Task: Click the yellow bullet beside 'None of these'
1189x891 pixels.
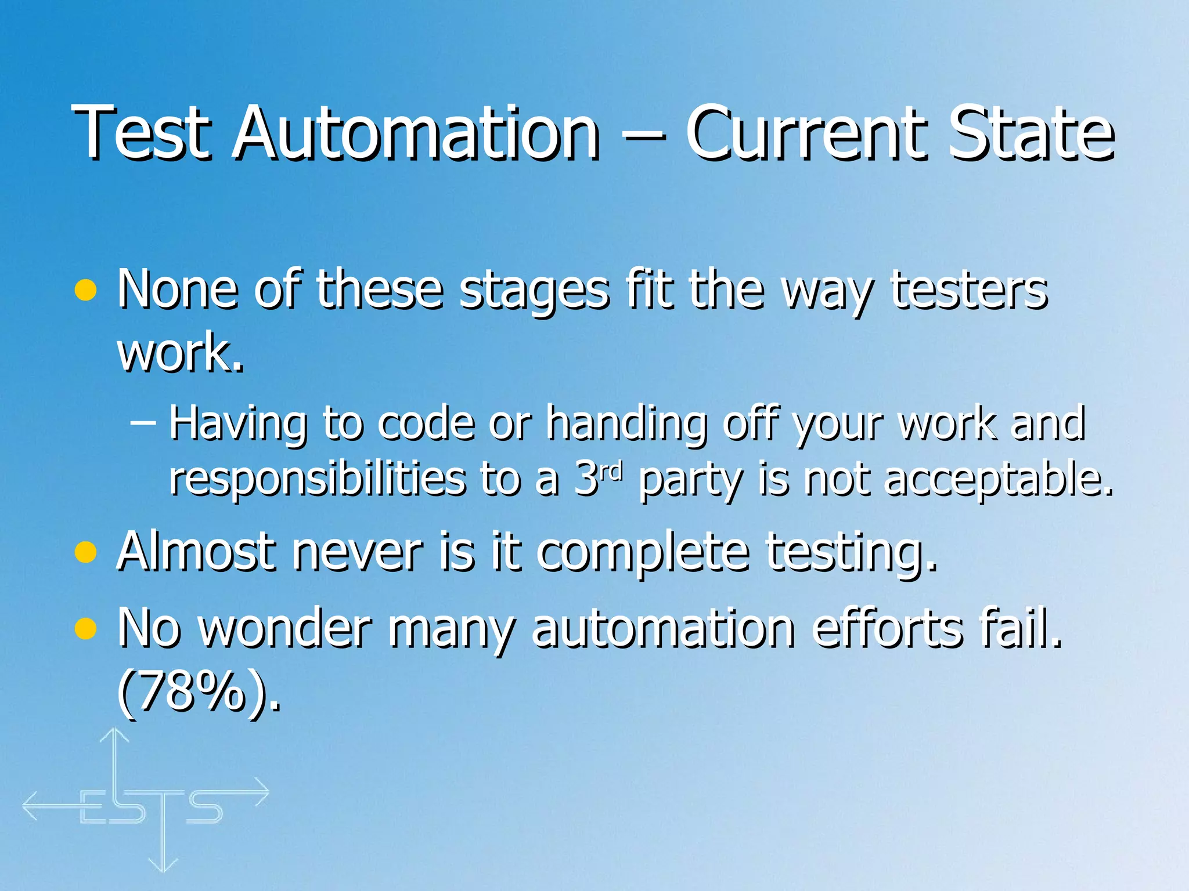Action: pyautogui.click(x=85, y=290)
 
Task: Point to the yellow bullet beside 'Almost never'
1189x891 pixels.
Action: pyautogui.click(x=85, y=552)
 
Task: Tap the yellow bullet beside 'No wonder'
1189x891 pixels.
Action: pyautogui.click(x=85, y=628)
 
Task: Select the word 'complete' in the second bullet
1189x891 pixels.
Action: pyautogui.click(x=642, y=552)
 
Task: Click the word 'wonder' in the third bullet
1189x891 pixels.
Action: pyautogui.click(x=285, y=628)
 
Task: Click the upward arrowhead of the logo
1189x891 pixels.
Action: pyautogui.click(x=114, y=736)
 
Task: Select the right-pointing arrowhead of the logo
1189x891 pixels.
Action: pyautogui.click(x=262, y=792)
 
